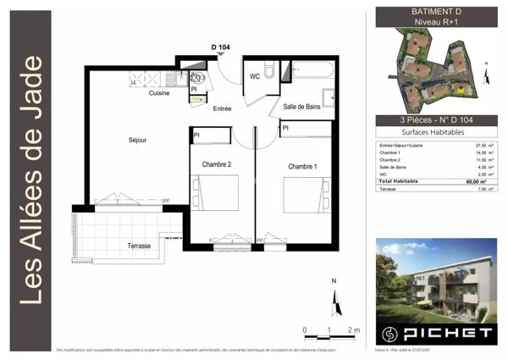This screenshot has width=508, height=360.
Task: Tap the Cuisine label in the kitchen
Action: pyautogui.click(x=159, y=93)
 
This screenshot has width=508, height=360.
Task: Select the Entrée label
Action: pyautogui.click(x=223, y=108)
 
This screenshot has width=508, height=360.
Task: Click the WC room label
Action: pyautogui.click(x=254, y=77)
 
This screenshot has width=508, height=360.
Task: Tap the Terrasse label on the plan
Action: pyautogui.click(x=139, y=246)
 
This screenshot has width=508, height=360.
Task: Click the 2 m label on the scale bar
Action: pyautogui.click(x=354, y=329)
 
